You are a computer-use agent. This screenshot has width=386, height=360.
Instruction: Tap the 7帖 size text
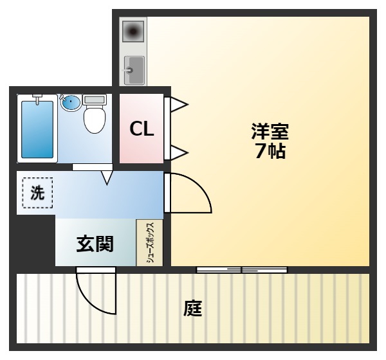(x=270, y=152)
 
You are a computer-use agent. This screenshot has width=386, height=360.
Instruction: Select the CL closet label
(x=142, y=129)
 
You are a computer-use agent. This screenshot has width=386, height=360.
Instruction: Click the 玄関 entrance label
(x=95, y=244)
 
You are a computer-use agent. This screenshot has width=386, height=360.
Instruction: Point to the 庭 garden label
(x=192, y=309)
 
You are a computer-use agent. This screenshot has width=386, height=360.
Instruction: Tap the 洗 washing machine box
(x=38, y=192)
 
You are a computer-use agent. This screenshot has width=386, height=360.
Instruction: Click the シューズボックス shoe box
(x=149, y=242)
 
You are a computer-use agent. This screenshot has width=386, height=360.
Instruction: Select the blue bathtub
(x=37, y=129)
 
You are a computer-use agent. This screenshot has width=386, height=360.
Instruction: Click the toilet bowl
(x=94, y=118)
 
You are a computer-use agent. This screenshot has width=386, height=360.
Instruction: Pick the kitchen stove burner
(x=134, y=31)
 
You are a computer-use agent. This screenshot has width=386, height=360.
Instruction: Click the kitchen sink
(x=134, y=68)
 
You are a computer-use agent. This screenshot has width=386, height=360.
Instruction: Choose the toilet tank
(x=94, y=100)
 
